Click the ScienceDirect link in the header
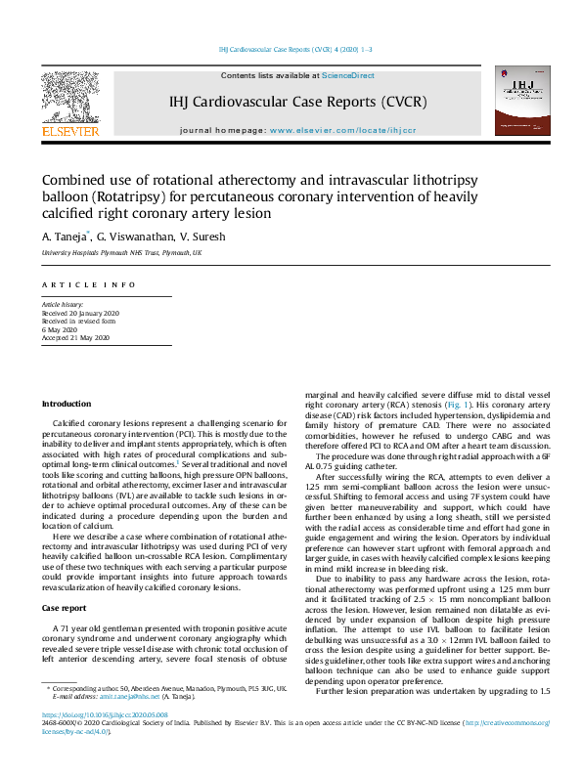(x=348, y=75)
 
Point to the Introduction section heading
(x=66, y=404)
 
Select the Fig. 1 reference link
(x=459, y=404)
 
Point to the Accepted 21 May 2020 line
(x=75, y=337)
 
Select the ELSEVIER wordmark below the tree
(x=68, y=132)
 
